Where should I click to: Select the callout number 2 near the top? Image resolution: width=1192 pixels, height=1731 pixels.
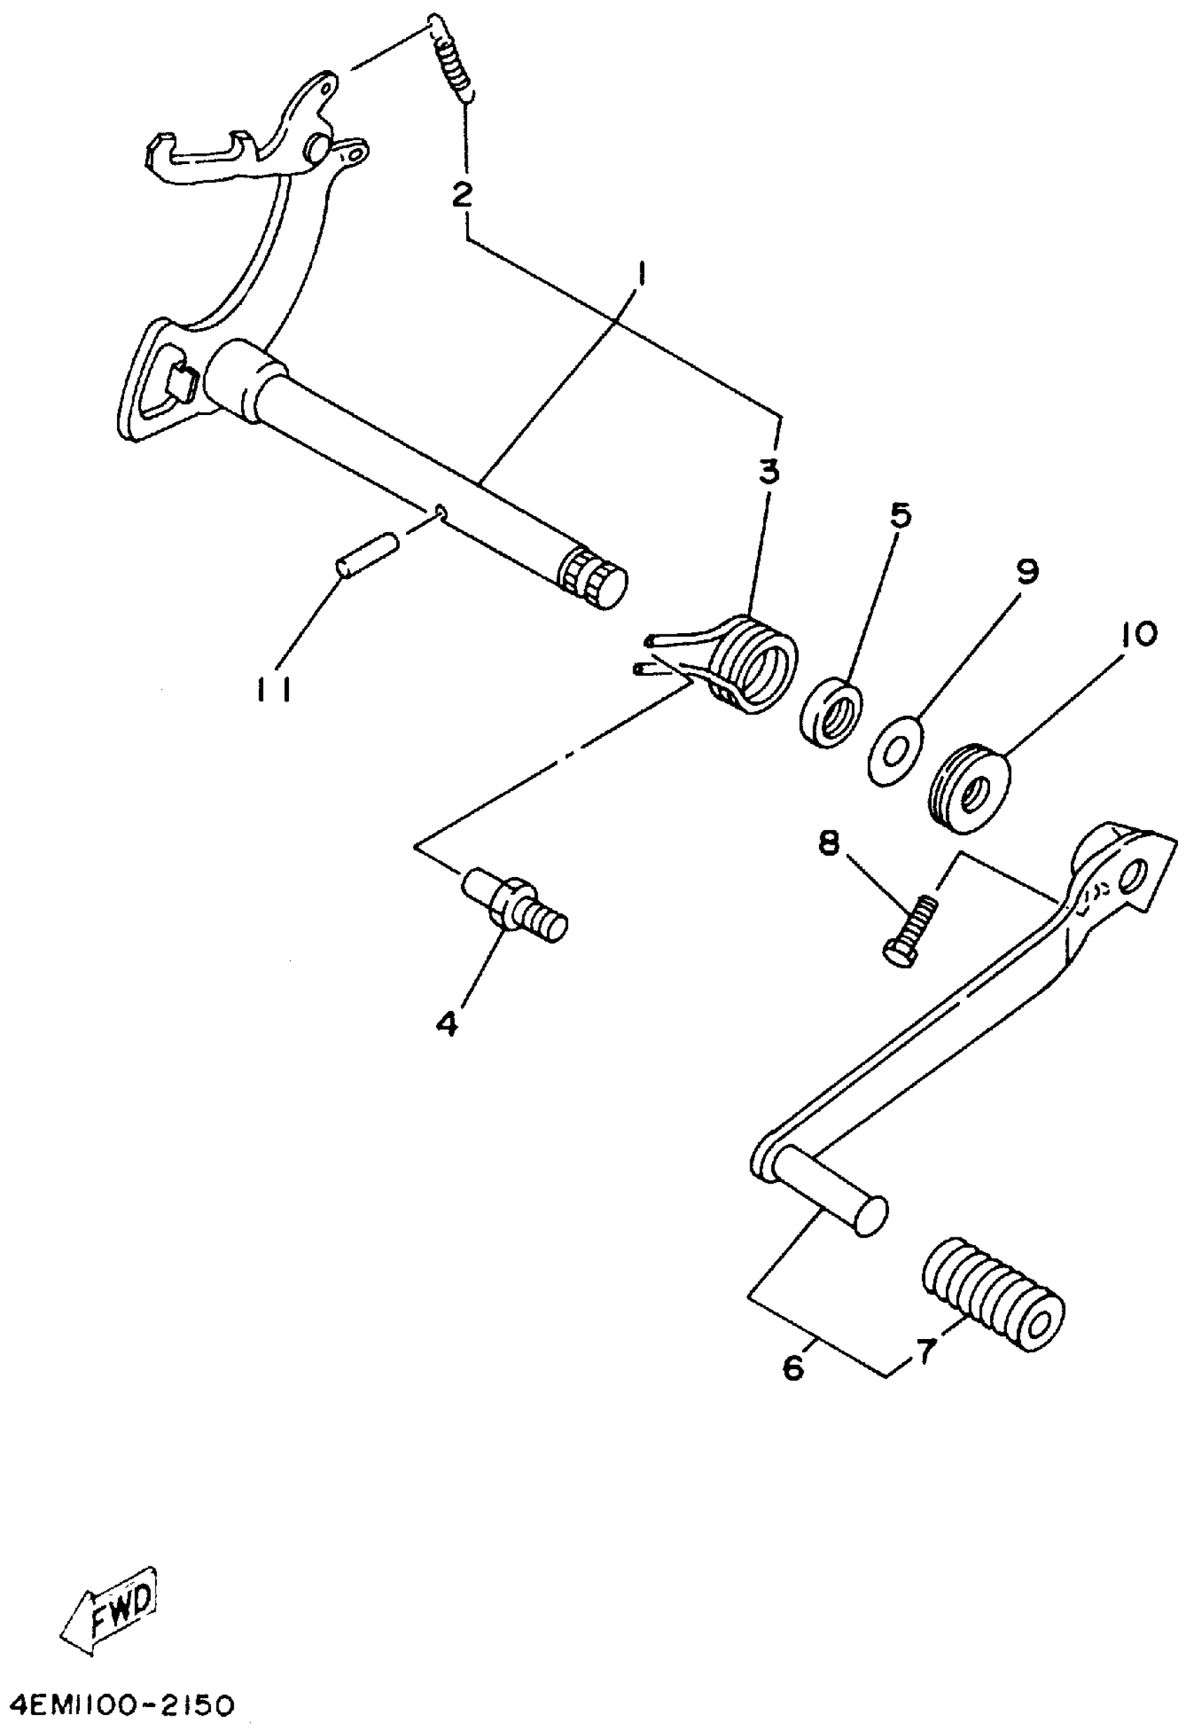(462, 195)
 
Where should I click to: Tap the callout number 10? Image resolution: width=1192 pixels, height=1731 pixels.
(1137, 634)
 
